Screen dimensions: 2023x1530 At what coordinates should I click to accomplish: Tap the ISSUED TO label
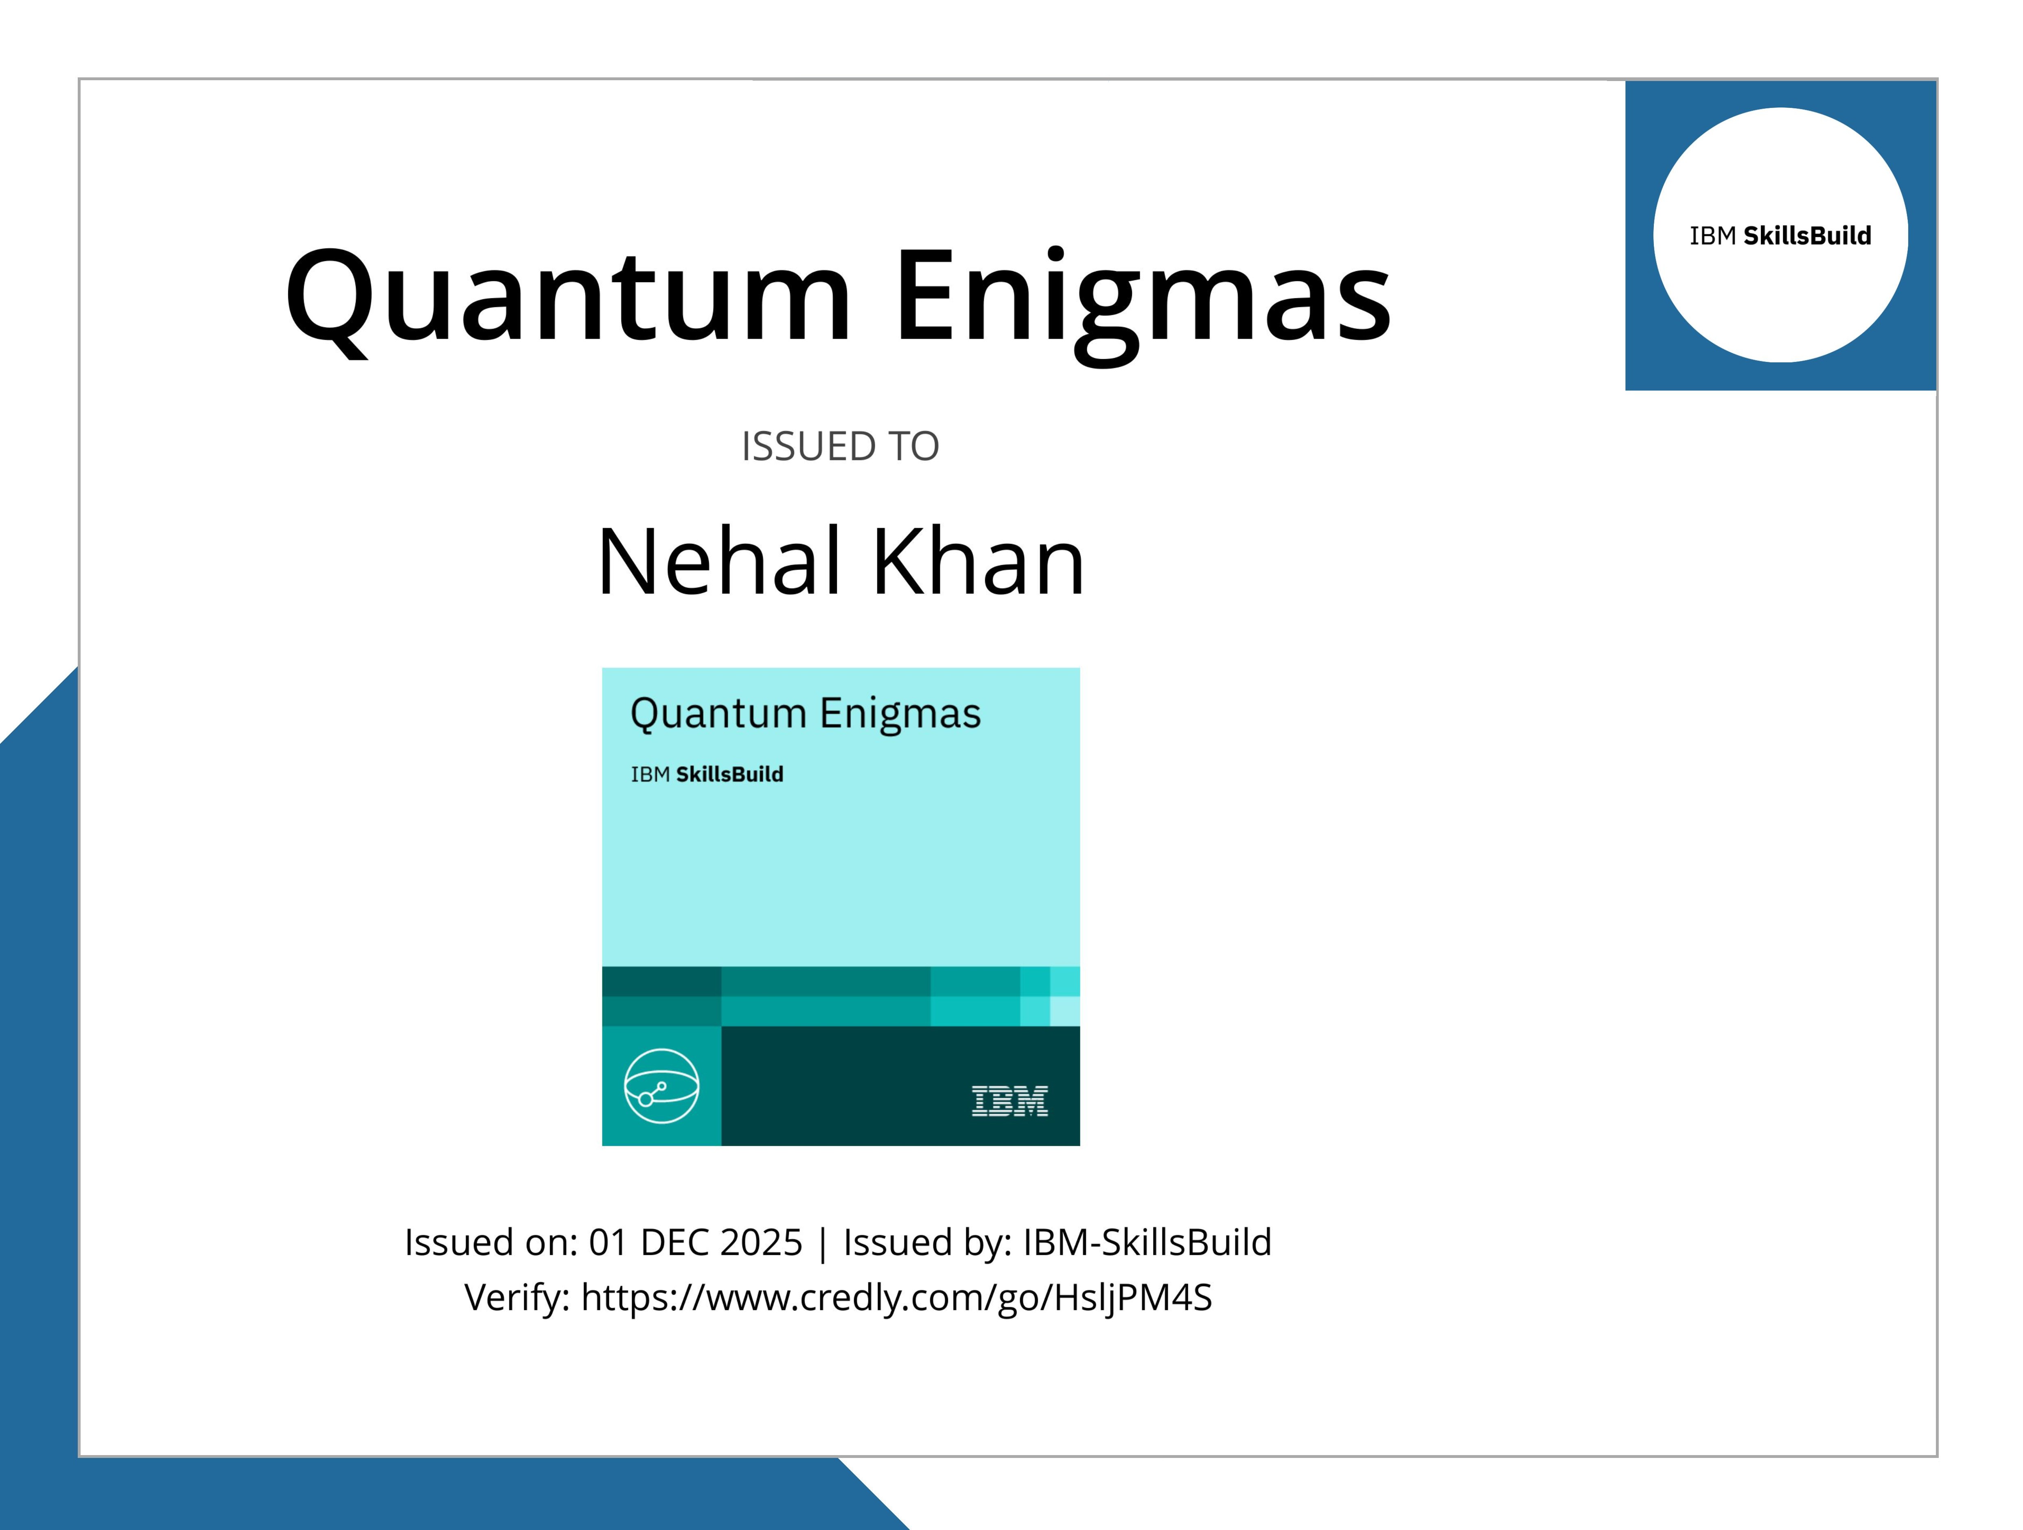coord(840,446)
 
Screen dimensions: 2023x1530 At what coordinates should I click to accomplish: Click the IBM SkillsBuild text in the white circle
coord(1780,236)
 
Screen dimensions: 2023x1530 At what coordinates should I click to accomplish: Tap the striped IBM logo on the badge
coord(1010,1101)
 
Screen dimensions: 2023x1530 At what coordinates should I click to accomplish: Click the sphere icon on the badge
coord(662,1085)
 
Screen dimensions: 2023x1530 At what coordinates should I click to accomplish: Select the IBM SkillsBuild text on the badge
coord(707,775)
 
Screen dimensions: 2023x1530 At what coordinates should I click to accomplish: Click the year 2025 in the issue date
coord(761,1242)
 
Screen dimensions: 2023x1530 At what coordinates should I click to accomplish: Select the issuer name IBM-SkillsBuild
coord(1147,1242)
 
